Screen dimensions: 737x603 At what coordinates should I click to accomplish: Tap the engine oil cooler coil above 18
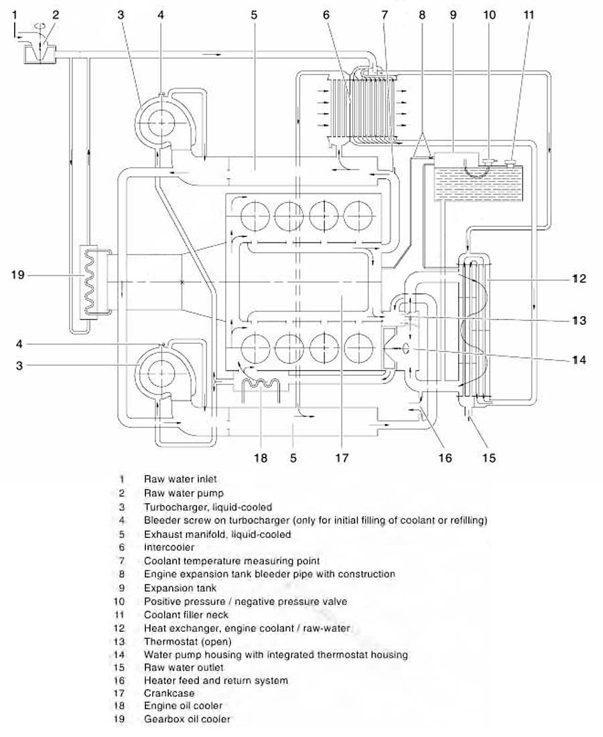click(259, 386)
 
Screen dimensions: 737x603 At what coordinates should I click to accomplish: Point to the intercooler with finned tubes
click(361, 107)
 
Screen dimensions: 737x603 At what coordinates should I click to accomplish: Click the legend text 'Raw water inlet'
click(180, 479)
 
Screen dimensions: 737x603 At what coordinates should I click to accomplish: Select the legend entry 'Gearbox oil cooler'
click(187, 720)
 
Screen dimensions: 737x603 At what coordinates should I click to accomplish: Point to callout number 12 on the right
click(580, 278)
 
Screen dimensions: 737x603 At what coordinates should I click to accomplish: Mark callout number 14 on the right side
click(580, 360)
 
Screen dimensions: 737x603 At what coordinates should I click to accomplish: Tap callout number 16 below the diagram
click(445, 458)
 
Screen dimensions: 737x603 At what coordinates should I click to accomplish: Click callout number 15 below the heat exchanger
click(489, 458)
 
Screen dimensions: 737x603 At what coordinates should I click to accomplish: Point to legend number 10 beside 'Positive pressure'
click(121, 602)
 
